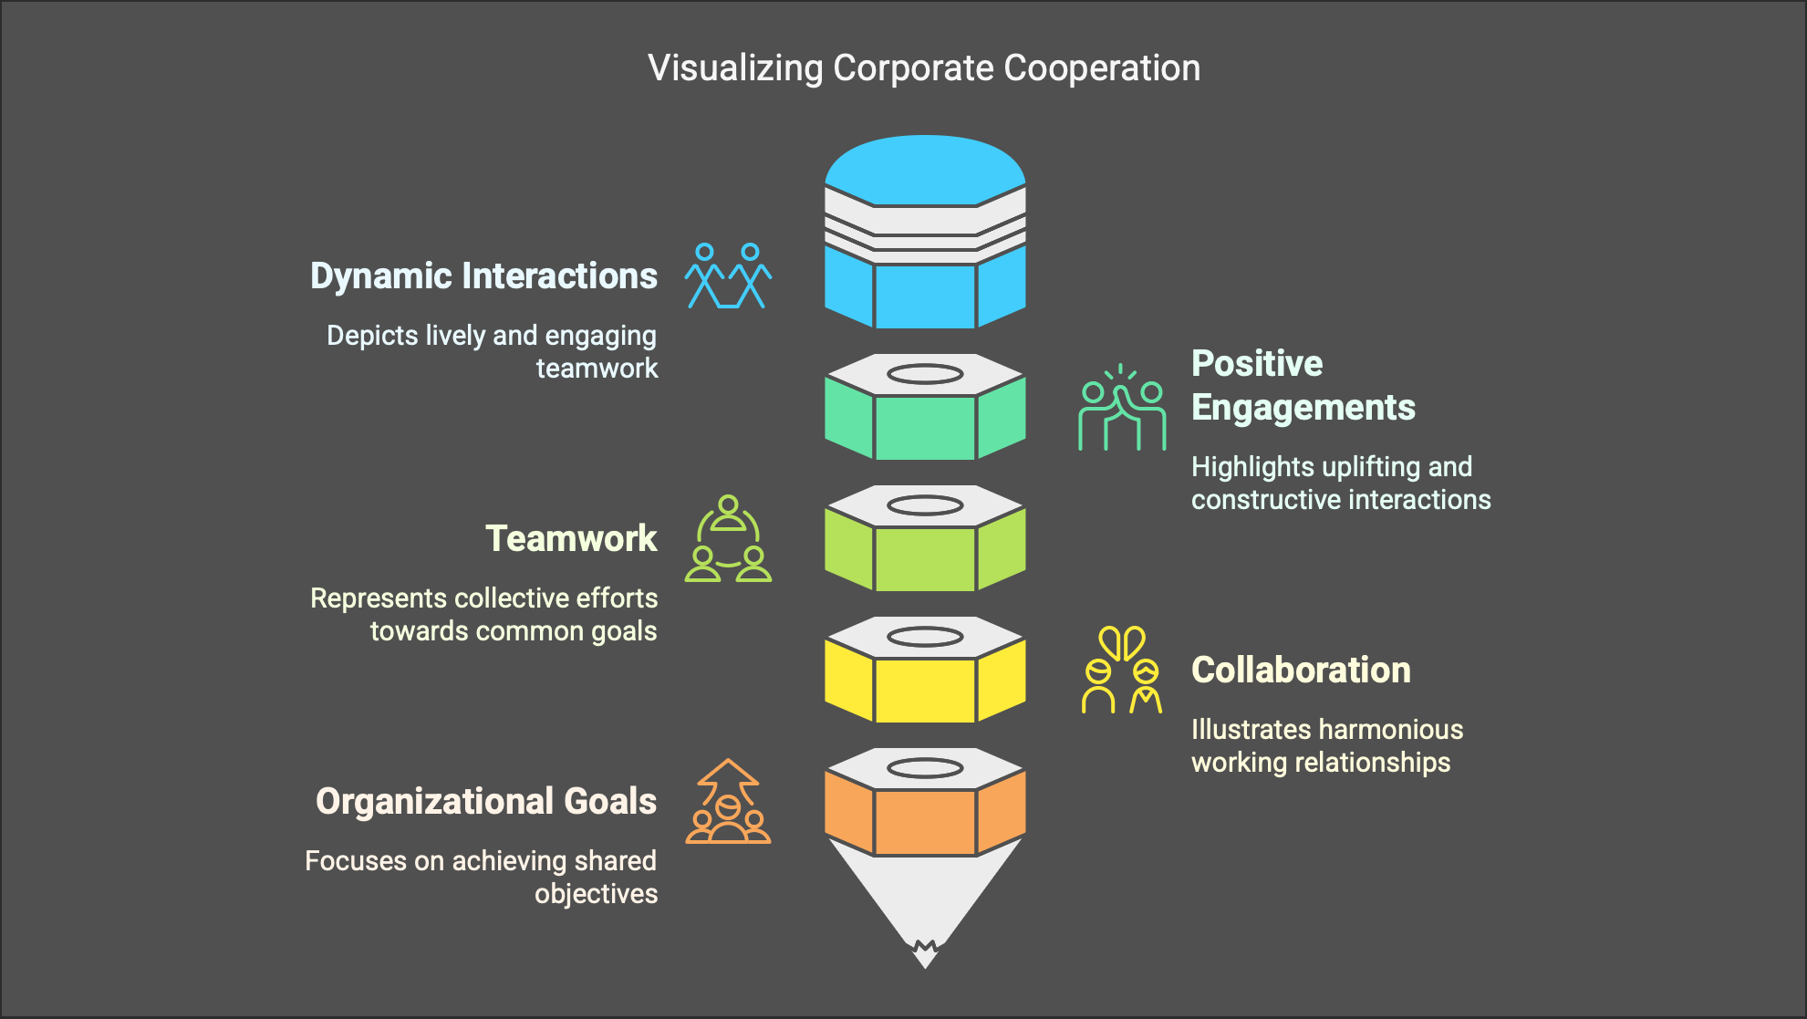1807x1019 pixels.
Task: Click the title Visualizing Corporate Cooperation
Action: (x=924, y=68)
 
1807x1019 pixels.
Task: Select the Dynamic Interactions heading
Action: (x=483, y=276)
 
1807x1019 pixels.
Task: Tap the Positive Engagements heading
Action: (x=1303, y=385)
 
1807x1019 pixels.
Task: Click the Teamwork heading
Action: (x=571, y=538)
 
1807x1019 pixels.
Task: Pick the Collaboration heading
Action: (x=1301, y=670)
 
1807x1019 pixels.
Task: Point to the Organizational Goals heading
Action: (x=486, y=801)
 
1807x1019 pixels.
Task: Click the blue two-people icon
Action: (x=728, y=276)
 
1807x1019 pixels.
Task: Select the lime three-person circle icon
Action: (x=728, y=539)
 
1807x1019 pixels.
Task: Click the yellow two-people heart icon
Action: (x=1122, y=671)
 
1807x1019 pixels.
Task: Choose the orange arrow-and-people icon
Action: (x=728, y=802)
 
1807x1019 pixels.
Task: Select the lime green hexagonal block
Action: (x=925, y=557)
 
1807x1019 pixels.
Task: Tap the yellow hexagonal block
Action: (x=925, y=689)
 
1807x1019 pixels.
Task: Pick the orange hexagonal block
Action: (x=925, y=820)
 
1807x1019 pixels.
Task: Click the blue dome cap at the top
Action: (x=925, y=169)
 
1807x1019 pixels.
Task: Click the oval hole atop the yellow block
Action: (x=925, y=637)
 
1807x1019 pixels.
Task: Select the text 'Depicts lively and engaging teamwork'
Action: (x=493, y=351)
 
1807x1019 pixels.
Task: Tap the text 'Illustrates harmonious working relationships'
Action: (x=1326, y=745)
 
